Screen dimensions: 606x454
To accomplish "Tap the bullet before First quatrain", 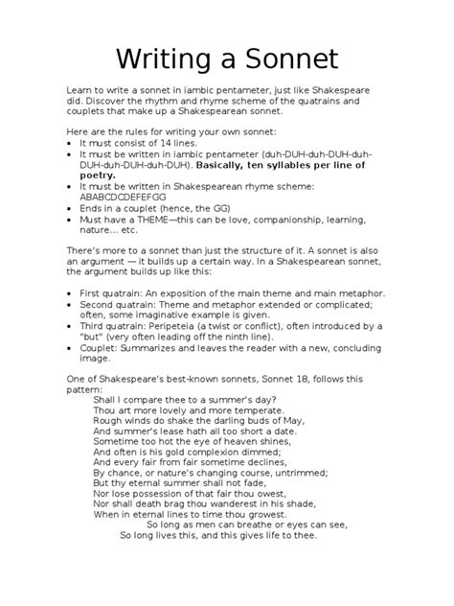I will [x=71, y=293].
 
